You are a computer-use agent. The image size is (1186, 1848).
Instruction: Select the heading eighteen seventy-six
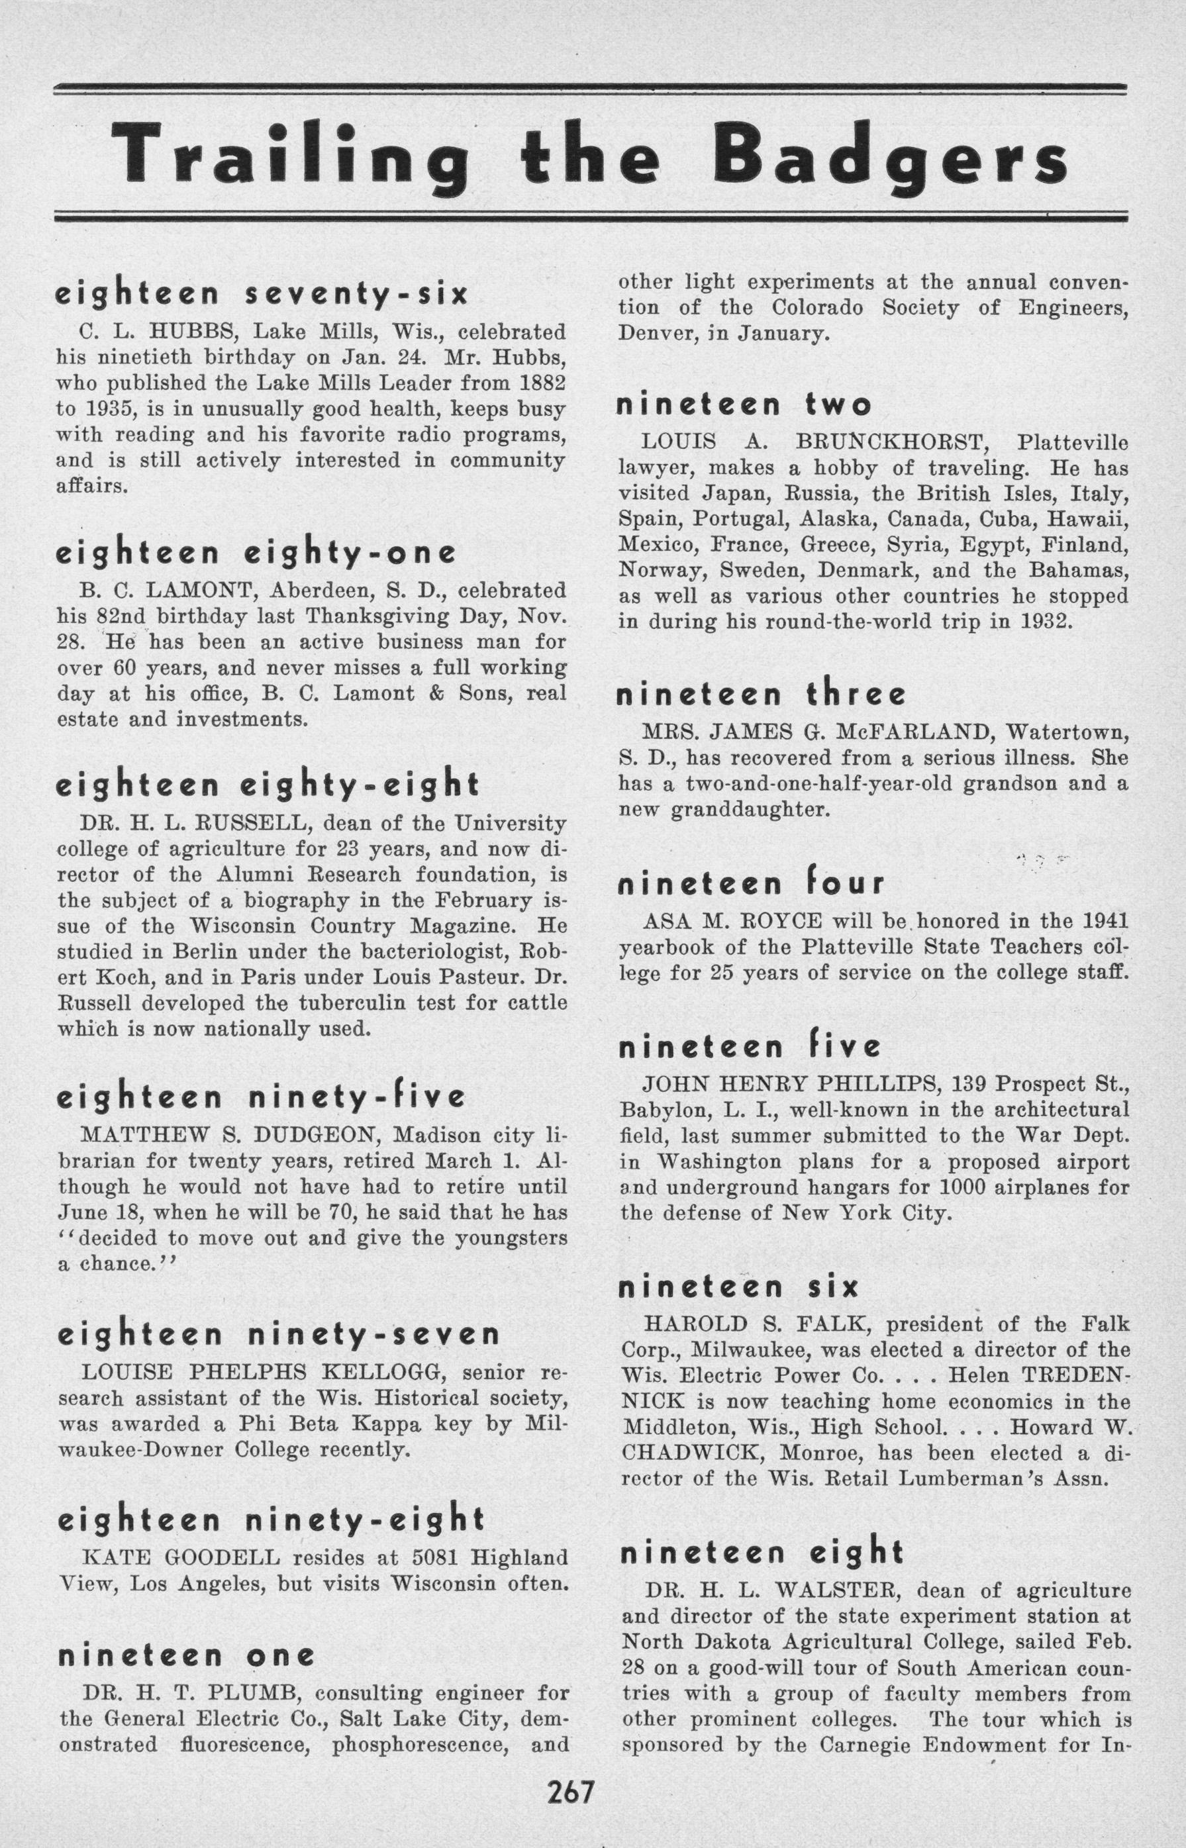coord(261,295)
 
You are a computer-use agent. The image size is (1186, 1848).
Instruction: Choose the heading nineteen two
coord(743,405)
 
